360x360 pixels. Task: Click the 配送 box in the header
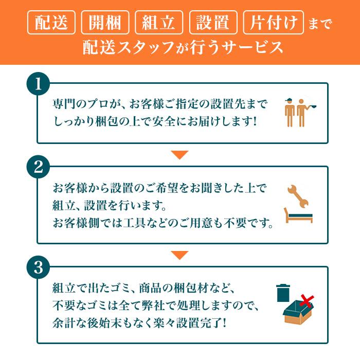[x=52, y=23]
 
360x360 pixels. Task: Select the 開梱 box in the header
[x=105, y=23]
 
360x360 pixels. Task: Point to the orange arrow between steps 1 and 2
[x=179, y=154]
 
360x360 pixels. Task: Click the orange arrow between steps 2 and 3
[x=179, y=255]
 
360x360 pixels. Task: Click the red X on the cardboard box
[x=307, y=301]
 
